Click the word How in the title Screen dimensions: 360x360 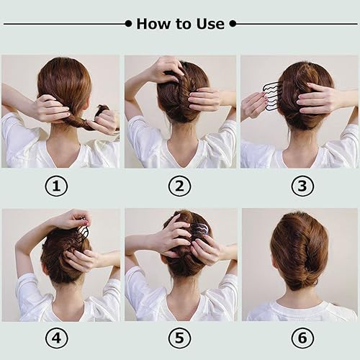click(x=153, y=24)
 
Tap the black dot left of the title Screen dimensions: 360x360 click(x=128, y=24)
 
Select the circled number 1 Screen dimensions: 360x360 click(x=56, y=186)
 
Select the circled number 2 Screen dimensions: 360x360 click(x=179, y=186)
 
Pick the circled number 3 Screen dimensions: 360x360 click(x=302, y=186)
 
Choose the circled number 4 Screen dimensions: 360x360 click(x=56, y=337)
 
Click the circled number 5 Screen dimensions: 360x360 click(x=179, y=337)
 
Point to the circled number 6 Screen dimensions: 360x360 click(x=302, y=337)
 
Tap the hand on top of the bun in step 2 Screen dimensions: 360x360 click(x=167, y=68)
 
